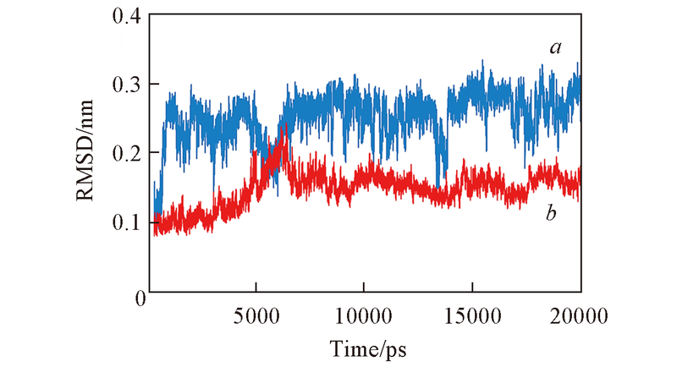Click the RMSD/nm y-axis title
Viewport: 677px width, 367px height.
tap(96, 154)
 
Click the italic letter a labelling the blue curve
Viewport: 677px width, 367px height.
tap(555, 48)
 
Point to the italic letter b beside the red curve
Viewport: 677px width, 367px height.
tap(551, 214)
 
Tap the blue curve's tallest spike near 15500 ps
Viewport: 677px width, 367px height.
tap(482, 61)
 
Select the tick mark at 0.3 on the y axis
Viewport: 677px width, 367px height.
tap(153, 85)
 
